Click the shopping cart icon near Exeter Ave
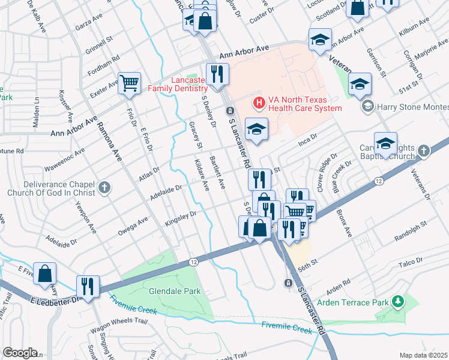[x=130, y=83]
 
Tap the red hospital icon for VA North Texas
[x=259, y=103]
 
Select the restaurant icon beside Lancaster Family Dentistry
[x=215, y=74]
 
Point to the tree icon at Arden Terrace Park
[x=397, y=300]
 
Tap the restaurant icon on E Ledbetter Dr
[x=88, y=286]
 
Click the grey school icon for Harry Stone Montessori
[x=367, y=107]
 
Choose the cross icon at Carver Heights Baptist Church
[x=424, y=151]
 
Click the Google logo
[x=20, y=352]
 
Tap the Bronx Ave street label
[x=344, y=223]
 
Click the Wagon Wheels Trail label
[x=119, y=325]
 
